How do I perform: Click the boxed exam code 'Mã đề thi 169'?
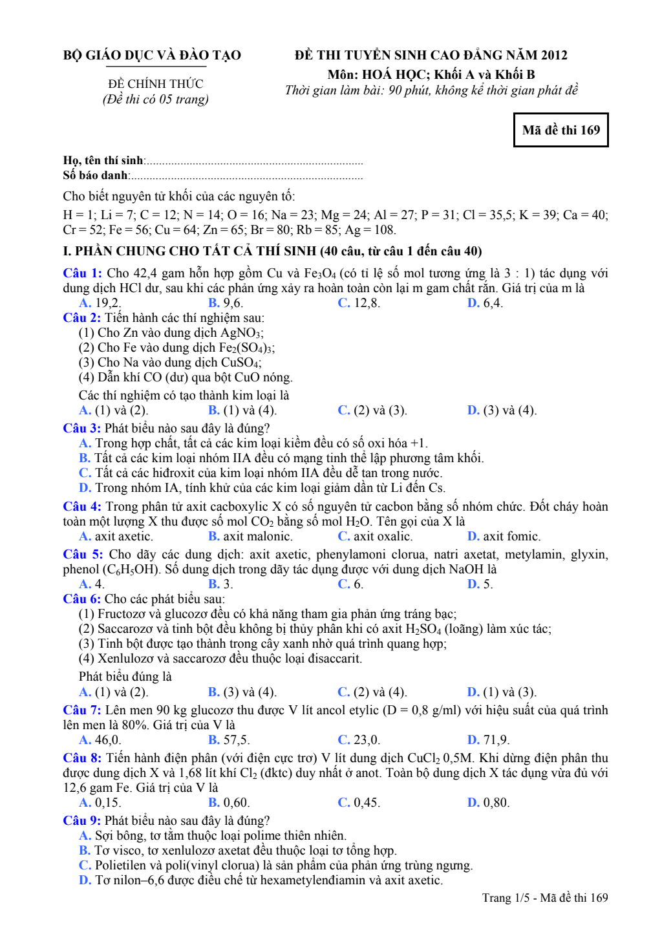(x=561, y=130)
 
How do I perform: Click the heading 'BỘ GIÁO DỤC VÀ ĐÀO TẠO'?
(x=152, y=56)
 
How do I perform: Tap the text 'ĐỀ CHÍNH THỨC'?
(x=155, y=84)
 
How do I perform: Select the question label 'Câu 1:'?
(x=82, y=273)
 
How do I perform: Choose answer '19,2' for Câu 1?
(x=107, y=303)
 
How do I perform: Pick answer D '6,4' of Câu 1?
(x=493, y=303)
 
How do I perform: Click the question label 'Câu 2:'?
(x=82, y=318)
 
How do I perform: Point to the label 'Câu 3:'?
(x=82, y=429)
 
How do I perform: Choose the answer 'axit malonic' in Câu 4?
(x=257, y=537)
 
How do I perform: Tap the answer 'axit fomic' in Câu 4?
(x=511, y=537)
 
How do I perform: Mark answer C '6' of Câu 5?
(x=358, y=584)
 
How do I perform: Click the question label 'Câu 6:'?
(x=82, y=599)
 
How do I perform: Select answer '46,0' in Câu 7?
(x=107, y=740)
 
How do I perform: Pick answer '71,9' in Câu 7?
(x=496, y=740)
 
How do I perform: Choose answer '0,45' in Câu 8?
(x=366, y=803)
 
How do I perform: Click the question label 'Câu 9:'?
(x=82, y=821)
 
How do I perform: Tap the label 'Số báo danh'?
(x=95, y=175)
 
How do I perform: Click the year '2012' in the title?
(x=554, y=56)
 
